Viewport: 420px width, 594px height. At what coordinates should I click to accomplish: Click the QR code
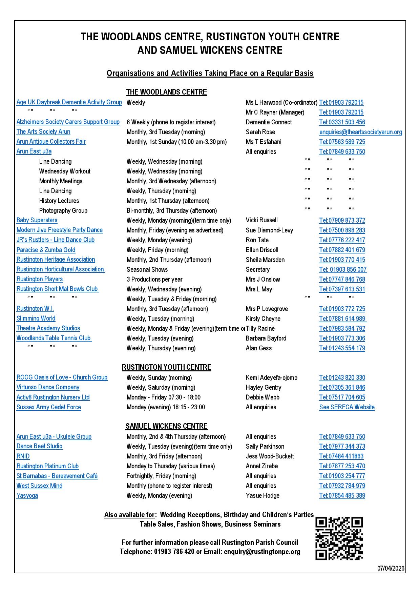(339, 538)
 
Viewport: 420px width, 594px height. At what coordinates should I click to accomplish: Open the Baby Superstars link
(37, 220)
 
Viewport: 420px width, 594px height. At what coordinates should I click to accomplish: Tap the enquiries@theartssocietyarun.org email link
(360, 132)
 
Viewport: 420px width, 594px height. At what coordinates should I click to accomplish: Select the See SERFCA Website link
(347, 407)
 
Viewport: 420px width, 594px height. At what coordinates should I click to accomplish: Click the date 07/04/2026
(391, 568)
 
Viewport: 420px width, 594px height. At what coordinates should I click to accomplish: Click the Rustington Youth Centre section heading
(166, 367)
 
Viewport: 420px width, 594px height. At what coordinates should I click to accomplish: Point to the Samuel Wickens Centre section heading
(166, 426)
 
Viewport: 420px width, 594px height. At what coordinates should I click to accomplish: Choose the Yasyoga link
(27, 495)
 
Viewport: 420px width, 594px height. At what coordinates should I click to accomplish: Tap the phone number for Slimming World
(342, 319)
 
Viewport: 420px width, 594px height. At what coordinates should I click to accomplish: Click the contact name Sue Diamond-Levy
(269, 230)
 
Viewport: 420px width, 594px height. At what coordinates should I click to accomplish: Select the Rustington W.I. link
(35, 309)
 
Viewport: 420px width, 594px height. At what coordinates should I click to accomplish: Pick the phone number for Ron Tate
(342, 240)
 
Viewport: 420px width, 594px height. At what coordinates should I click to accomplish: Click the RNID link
(23, 456)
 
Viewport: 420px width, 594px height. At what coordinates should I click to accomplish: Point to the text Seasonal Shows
(147, 269)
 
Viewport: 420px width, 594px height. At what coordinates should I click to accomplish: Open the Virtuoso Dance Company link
(48, 387)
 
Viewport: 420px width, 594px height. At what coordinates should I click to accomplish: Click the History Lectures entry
(59, 201)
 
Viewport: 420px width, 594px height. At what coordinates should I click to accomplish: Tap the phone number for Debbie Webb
(342, 397)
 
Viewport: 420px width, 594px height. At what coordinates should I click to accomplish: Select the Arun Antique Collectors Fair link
(51, 142)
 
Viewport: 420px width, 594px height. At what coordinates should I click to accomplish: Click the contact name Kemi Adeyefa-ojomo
(271, 377)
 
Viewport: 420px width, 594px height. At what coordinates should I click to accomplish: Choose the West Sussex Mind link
(39, 486)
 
